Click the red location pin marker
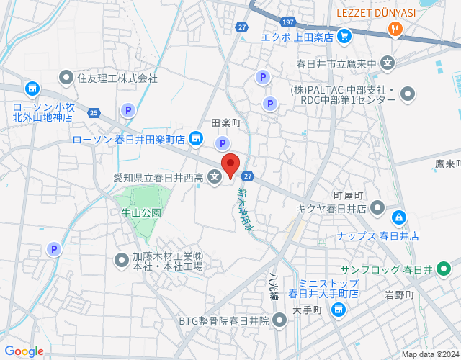pyautogui.click(x=230, y=165)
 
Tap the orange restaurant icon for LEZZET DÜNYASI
pyautogui.click(x=395, y=30)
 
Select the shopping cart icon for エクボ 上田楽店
pyautogui.click(x=344, y=35)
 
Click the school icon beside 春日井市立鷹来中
pyautogui.click(x=388, y=63)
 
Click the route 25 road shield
pyautogui.click(x=94, y=112)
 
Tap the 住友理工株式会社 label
pyautogui.click(x=117, y=77)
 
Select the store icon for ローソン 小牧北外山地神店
pyautogui.click(x=32, y=89)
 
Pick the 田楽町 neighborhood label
pyautogui.click(x=225, y=124)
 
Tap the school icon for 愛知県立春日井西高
pyautogui.click(x=215, y=176)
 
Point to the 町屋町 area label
pyautogui.click(x=349, y=195)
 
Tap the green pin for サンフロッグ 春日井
pyautogui.click(x=444, y=269)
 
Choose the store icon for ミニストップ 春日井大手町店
pyautogui.click(x=338, y=309)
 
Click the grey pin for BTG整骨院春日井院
pyautogui.click(x=279, y=320)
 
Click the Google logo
pyautogui.click(x=24, y=351)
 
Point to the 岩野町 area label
pyautogui.click(x=399, y=294)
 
